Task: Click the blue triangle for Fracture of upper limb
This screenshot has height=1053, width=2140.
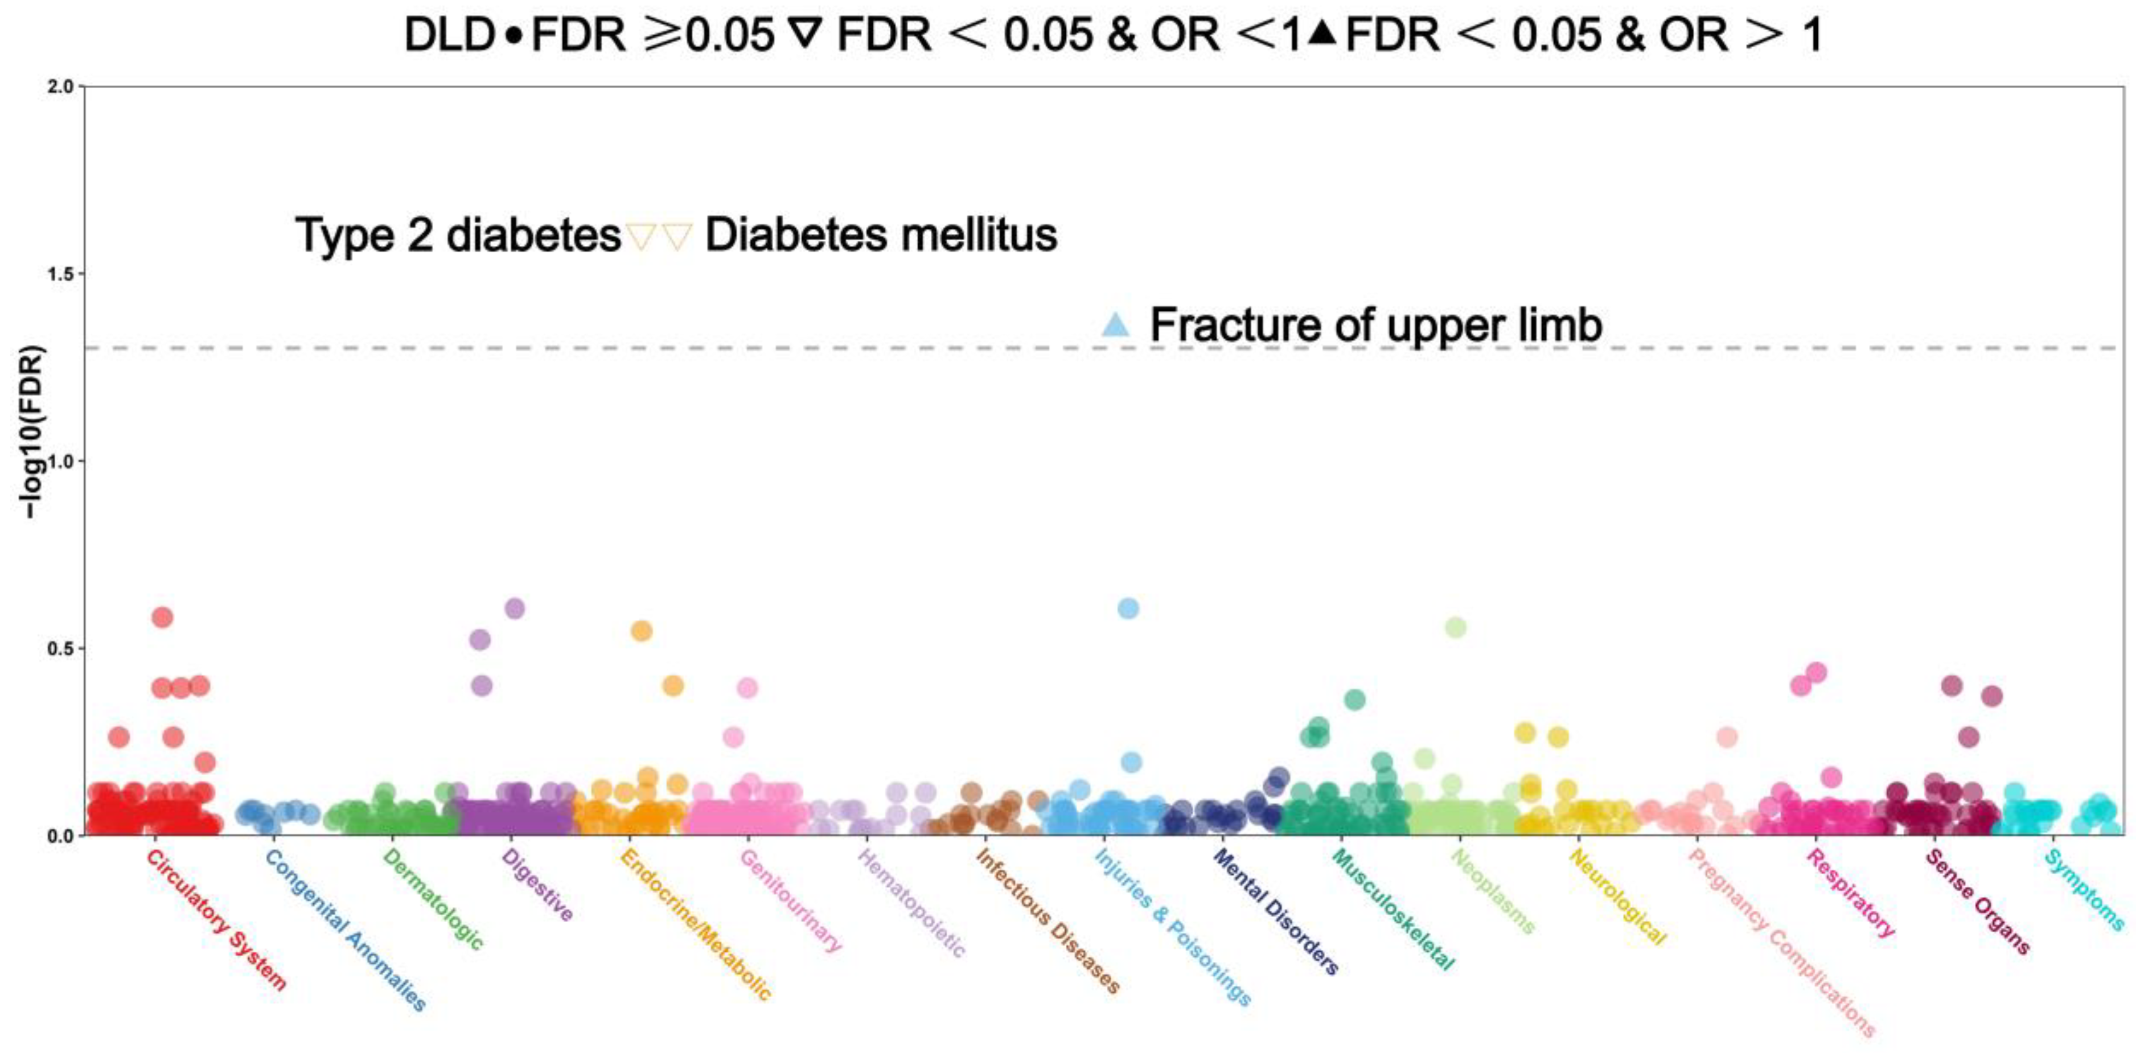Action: click(1116, 324)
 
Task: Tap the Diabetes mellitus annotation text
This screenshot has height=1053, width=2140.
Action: click(881, 235)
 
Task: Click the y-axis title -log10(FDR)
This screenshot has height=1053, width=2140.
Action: click(31, 432)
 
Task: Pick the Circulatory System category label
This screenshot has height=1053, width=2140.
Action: click(216, 919)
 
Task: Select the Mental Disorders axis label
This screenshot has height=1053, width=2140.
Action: click(1275, 911)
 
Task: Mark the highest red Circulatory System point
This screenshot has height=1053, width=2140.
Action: click(163, 617)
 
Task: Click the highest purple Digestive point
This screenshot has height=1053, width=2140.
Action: click(515, 608)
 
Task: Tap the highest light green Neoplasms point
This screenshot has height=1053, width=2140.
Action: click(1456, 628)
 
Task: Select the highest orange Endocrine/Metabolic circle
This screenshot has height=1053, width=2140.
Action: click(642, 631)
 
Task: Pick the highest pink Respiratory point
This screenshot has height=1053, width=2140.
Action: click(1816, 672)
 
